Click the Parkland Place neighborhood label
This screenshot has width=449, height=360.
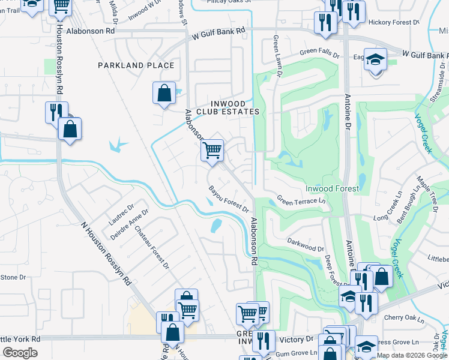point(136,65)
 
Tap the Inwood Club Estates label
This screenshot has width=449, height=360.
point(226,107)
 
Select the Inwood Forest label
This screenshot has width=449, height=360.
point(332,188)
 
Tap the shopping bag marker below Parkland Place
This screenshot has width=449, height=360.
point(164,94)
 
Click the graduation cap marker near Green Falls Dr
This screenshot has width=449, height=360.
point(375,60)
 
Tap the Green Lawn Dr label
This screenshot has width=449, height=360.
point(277,55)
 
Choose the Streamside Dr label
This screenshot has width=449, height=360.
point(437,91)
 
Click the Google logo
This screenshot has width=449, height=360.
point(20,353)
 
